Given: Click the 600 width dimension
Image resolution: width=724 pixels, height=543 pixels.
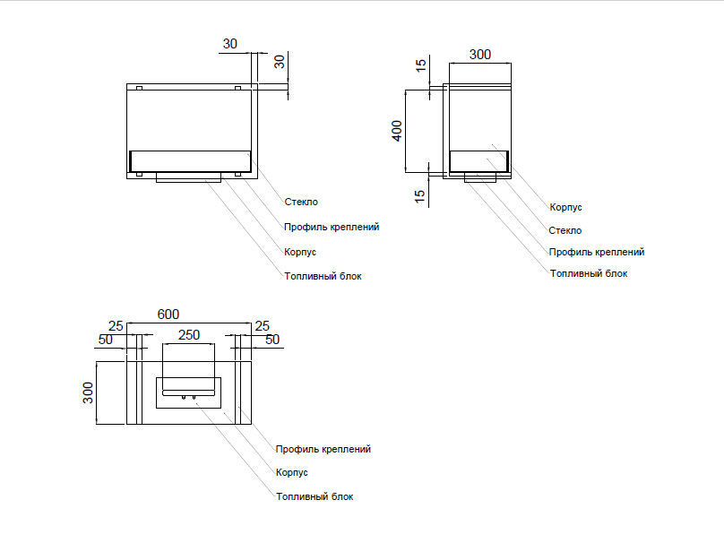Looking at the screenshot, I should pos(168,314).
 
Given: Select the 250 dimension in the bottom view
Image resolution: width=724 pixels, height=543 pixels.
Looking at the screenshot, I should pos(189,335).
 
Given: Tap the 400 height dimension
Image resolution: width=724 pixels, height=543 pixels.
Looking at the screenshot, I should pos(397,131).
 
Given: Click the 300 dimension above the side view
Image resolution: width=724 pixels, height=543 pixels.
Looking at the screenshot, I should pos(480,55).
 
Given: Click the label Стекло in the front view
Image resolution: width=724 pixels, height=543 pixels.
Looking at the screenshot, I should pos(301,203).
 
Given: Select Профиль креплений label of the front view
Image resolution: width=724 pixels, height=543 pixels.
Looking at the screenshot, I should pos(332,228).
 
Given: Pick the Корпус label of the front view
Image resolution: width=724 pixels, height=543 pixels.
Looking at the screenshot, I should pos(300,253).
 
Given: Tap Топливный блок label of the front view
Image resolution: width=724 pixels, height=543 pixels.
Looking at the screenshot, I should pos(323,277).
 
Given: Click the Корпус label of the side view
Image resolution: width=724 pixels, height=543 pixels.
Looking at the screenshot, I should pos(566,207).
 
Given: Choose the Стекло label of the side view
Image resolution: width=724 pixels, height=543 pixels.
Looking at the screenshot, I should pos(565,230).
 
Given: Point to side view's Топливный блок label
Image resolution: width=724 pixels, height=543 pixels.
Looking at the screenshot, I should pos(589,273).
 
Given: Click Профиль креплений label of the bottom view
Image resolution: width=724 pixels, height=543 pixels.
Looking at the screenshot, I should pos(323,449).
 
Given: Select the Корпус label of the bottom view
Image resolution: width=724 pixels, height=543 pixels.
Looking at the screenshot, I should pos(292,472).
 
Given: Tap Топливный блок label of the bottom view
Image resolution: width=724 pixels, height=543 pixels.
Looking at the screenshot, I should pos(315,496).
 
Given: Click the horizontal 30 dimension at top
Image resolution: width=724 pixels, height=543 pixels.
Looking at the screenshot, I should pos(230,43).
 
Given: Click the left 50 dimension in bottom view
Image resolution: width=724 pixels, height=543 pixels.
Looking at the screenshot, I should pos(106,340).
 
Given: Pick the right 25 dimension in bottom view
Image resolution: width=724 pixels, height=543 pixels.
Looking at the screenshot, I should pos(263,324).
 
